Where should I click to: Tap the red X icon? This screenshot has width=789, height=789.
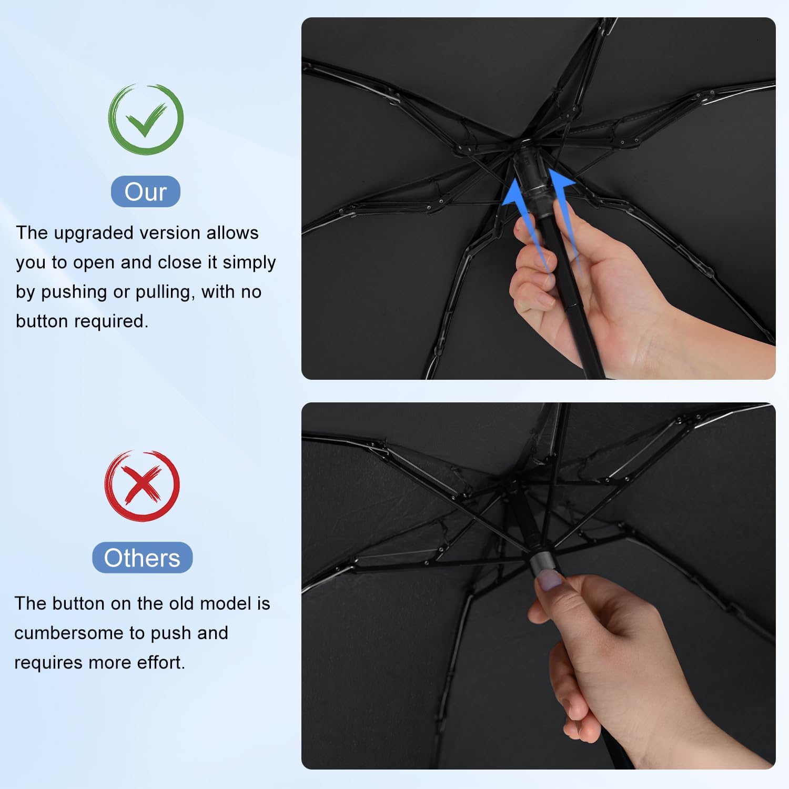point(142,485)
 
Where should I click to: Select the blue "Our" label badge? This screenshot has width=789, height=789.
point(146,191)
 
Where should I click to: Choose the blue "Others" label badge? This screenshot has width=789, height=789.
point(142,558)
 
